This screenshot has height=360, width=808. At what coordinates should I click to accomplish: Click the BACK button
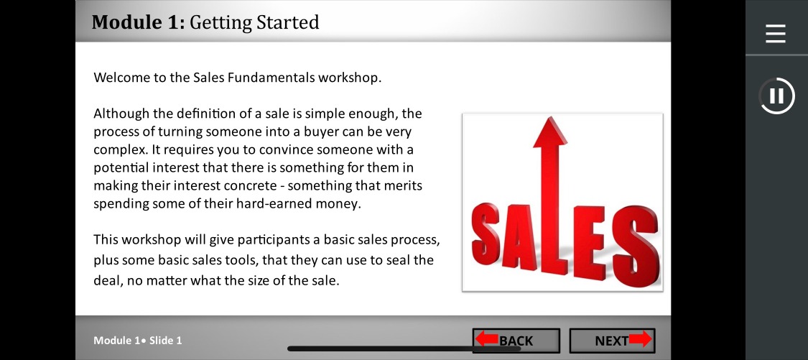point(516,341)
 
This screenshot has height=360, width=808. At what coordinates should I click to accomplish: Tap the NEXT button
point(612,341)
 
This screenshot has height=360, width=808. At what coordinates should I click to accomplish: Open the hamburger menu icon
point(776,34)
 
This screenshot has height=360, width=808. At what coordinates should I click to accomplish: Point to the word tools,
point(241,260)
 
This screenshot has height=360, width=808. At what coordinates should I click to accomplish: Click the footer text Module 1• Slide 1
point(138,341)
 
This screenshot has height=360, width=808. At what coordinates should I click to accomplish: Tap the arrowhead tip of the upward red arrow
point(549,117)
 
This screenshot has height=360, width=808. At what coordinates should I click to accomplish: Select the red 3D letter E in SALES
point(590,242)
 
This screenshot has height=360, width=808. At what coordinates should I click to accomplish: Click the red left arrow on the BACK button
point(486,339)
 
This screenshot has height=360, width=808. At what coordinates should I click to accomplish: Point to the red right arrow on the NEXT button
point(639,339)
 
